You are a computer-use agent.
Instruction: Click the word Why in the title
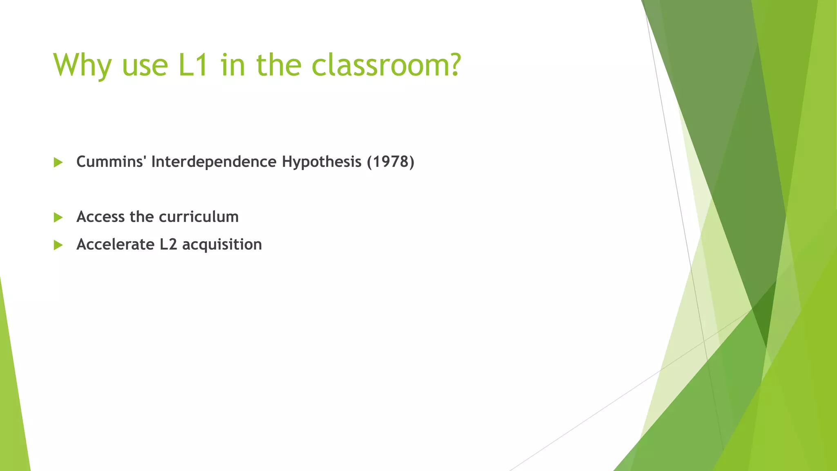(82, 65)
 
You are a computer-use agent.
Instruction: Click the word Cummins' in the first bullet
(111, 162)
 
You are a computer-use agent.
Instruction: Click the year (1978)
(390, 162)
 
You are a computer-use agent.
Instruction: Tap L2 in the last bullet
(168, 244)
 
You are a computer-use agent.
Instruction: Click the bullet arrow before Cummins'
(58, 162)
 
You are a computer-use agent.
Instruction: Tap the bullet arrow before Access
(58, 217)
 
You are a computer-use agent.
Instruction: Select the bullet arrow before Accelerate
(58, 245)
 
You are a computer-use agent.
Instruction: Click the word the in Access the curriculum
(142, 217)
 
